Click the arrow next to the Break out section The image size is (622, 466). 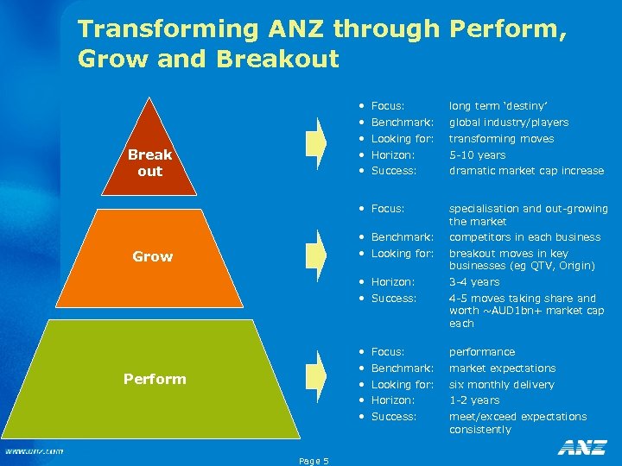click(319, 139)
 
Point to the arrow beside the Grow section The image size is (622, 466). click(319, 254)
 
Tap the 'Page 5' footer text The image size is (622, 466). click(313, 461)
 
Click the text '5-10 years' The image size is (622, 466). click(477, 155)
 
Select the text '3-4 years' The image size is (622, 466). click(474, 282)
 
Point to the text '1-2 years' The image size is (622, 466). click(474, 400)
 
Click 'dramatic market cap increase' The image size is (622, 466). click(526, 171)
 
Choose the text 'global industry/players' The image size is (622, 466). click(509, 123)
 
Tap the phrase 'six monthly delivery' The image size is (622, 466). click(502, 385)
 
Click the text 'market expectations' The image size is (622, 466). click(503, 368)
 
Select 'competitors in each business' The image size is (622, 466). click(524, 237)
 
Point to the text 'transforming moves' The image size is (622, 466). click(502, 139)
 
